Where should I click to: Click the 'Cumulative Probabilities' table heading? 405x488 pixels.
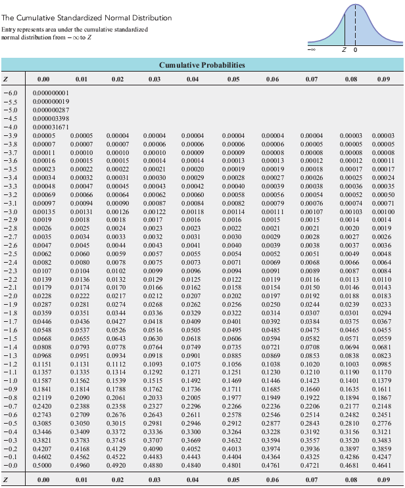202,65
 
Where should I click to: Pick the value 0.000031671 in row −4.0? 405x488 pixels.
50,126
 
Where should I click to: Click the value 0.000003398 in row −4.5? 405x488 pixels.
50,118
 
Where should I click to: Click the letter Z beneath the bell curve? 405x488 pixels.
345,50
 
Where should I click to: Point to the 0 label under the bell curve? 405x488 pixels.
355,50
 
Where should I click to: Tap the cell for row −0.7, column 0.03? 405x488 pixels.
155,407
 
